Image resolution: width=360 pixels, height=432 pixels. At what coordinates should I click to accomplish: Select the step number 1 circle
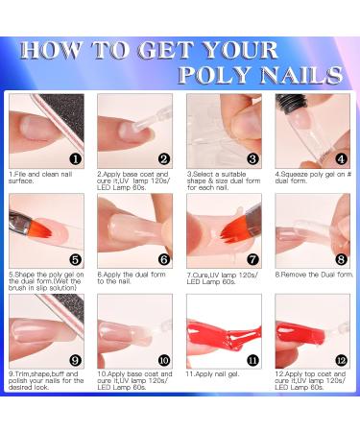(x=75, y=158)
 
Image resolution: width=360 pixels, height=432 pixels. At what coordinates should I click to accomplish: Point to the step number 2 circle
(x=163, y=159)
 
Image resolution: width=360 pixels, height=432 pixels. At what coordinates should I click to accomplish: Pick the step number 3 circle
(x=252, y=159)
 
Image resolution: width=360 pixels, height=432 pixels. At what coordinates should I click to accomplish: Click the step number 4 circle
(x=341, y=159)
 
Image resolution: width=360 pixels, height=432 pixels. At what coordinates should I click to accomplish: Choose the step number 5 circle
(x=75, y=259)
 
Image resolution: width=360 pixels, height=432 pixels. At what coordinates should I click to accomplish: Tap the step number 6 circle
(x=163, y=259)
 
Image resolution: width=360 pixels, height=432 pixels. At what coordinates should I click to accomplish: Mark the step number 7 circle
(x=252, y=259)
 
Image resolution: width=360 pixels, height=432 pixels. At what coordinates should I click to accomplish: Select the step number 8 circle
(x=341, y=259)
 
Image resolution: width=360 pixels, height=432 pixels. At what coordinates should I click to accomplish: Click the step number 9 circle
(x=75, y=360)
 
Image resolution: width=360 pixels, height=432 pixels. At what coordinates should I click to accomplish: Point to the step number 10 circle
(x=163, y=360)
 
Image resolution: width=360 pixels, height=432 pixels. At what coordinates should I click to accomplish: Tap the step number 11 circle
(x=252, y=360)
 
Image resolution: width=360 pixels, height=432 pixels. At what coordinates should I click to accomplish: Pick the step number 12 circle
(x=341, y=360)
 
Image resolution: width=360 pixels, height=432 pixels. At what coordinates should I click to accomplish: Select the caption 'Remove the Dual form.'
(x=310, y=273)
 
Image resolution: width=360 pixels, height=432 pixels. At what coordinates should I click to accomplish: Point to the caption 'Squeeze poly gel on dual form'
(x=309, y=177)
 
